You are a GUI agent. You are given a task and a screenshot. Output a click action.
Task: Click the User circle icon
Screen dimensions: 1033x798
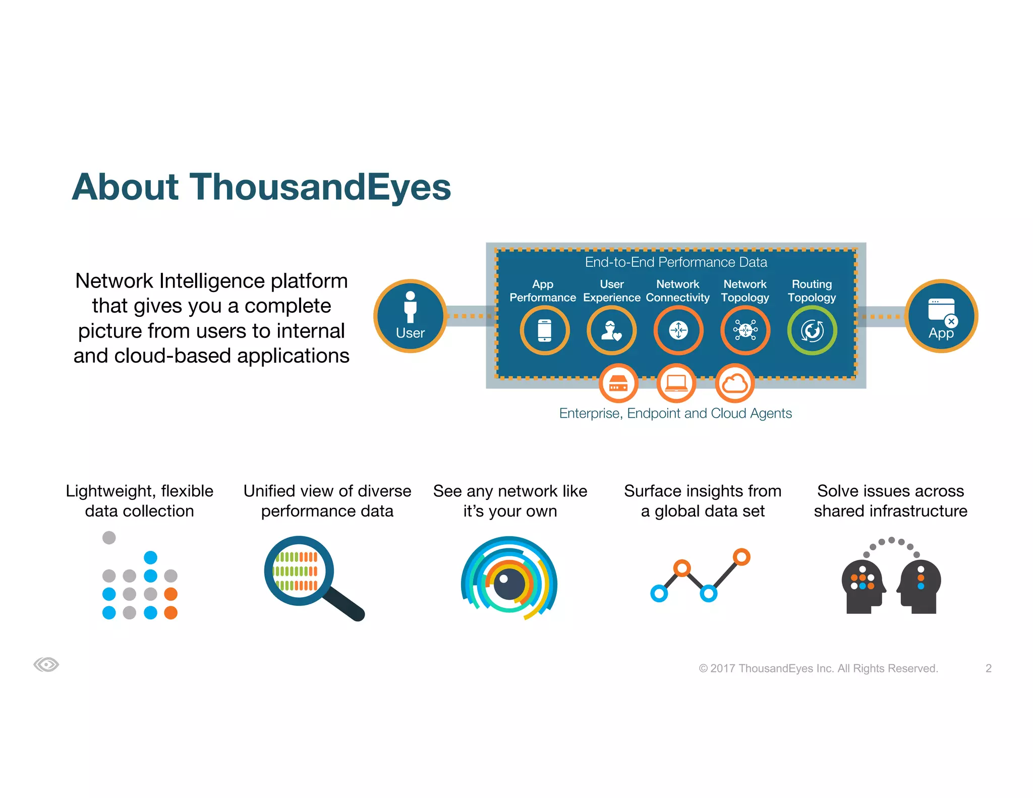410,316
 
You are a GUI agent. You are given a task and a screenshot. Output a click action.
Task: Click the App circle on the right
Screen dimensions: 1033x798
941,316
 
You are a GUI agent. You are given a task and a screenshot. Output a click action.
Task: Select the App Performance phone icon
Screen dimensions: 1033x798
545,330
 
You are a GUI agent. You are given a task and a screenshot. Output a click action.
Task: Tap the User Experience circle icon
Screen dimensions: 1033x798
611,330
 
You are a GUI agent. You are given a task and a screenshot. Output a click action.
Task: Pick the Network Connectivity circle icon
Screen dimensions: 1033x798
678,330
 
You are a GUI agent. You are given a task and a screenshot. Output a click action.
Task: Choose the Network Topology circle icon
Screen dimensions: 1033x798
745,330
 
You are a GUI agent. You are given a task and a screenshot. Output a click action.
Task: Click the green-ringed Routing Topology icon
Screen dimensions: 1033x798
812,330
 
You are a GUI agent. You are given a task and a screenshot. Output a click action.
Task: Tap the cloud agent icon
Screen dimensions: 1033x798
735,383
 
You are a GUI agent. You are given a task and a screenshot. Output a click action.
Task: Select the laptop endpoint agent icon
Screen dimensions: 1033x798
676,383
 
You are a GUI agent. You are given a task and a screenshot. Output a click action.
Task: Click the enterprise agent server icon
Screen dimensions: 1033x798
618,383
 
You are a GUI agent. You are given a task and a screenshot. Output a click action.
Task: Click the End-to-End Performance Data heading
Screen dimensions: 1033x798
676,262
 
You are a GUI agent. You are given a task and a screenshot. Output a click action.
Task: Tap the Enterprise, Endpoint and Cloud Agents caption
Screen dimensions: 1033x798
675,413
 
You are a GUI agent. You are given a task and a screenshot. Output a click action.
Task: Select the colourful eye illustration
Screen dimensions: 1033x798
509,578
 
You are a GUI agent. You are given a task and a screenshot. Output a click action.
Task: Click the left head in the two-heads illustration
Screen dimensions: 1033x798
863,585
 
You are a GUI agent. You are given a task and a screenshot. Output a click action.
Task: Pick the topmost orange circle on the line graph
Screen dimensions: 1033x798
741,557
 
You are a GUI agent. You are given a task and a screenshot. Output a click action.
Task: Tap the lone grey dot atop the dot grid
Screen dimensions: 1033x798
109,538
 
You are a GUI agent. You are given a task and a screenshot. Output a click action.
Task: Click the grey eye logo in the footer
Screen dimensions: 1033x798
46,664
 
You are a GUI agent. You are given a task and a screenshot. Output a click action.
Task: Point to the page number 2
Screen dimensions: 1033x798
988,668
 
